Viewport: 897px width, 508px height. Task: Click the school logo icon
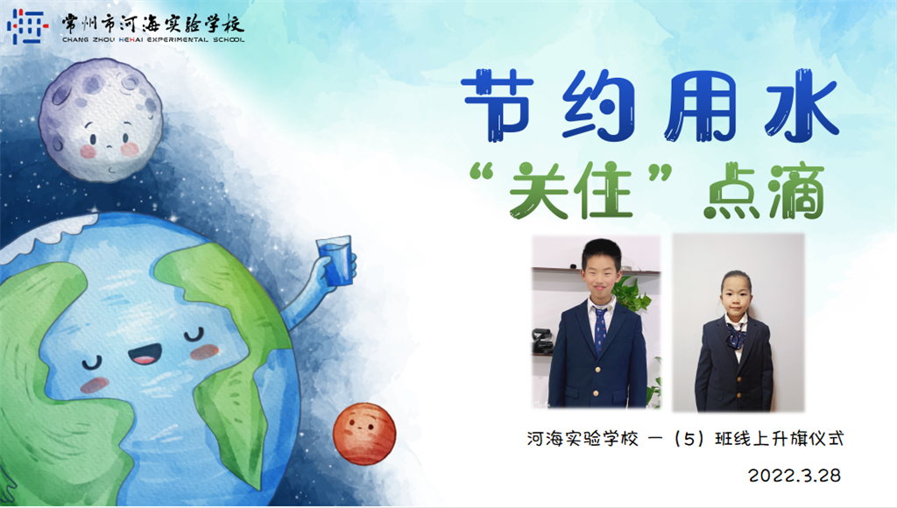pos(27,26)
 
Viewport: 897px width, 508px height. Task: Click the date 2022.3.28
pos(794,476)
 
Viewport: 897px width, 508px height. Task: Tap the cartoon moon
pos(101,120)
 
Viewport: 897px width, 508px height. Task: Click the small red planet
pos(364,434)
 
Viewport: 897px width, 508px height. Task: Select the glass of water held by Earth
pos(335,260)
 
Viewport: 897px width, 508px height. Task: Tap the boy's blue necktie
pos(600,330)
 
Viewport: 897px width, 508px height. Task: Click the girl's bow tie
pos(736,335)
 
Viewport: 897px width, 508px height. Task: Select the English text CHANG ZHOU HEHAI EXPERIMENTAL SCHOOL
pos(152,40)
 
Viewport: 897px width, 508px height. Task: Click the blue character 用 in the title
pos(700,106)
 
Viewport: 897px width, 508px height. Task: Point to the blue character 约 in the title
pos(598,106)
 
